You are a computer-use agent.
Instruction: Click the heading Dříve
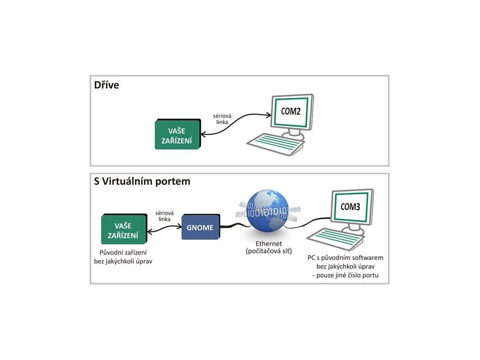pos(106,85)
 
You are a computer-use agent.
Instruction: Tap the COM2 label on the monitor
pos(291,112)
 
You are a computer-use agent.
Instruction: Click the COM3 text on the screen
pos(350,206)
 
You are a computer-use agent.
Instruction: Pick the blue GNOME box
pos(200,228)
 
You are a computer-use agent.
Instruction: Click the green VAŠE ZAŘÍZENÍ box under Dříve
pos(177,135)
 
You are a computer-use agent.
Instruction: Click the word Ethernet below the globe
pos(269,244)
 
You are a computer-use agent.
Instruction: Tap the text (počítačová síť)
pos(269,252)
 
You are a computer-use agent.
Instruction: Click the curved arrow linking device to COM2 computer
pos(234,127)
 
